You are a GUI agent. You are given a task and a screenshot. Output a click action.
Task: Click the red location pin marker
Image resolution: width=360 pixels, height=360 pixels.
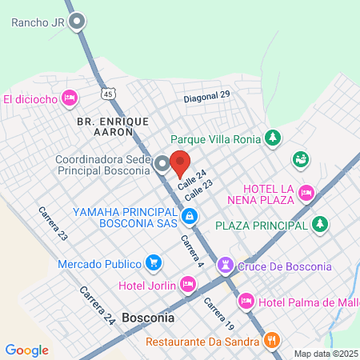[x=180, y=162]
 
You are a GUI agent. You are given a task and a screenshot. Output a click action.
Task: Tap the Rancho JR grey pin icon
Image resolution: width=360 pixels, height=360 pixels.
[x=78, y=22]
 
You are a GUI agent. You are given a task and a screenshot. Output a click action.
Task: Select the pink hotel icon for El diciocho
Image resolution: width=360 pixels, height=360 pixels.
[x=70, y=99]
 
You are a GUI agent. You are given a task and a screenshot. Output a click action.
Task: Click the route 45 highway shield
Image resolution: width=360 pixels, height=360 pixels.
[x=108, y=94]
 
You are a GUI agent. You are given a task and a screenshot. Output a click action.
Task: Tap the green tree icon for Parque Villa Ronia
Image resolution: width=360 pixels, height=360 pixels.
[x=273, y=138]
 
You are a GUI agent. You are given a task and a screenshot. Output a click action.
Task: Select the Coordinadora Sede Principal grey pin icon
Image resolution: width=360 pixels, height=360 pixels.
[x=162, y=165]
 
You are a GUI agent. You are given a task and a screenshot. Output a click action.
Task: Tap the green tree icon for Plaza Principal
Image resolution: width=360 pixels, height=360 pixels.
[x=320, y=225]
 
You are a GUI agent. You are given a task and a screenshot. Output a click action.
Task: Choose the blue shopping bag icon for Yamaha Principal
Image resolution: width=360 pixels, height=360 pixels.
[x=189, y=216]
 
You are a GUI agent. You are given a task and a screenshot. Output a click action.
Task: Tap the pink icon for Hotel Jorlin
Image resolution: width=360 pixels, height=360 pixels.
[x=188, y=283]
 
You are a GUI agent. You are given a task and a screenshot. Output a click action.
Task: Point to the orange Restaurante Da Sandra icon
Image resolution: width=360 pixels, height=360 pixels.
[x=271, y=340]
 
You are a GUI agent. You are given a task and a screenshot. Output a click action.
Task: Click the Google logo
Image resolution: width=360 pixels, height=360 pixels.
[x=26, y=350]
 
